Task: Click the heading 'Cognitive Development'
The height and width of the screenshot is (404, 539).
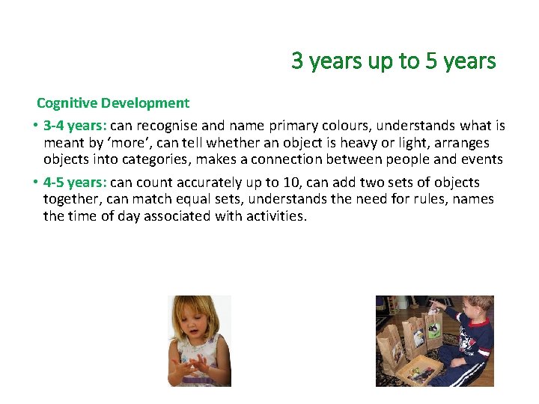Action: (x=113, y=102)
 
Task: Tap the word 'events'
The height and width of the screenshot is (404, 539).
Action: (x=481, y=159)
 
